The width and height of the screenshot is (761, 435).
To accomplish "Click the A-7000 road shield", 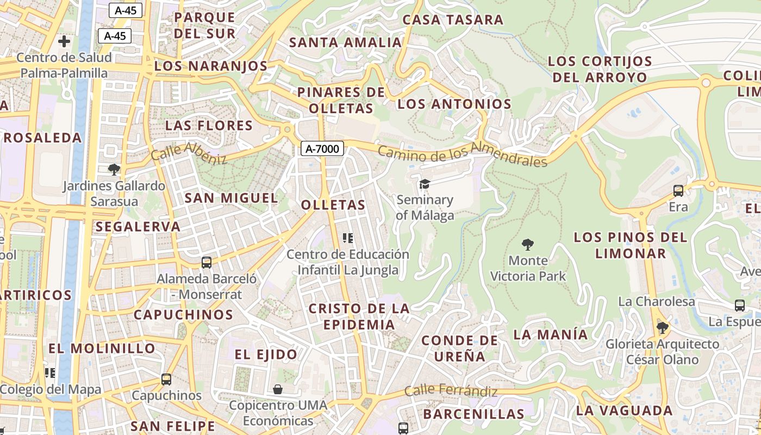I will (x=322, y=148).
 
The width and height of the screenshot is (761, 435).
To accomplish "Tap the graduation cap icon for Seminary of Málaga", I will (x=424, y=184).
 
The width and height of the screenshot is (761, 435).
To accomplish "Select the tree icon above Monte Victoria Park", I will (x=527, y=245).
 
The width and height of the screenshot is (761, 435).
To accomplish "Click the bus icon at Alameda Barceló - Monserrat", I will (x=207, y=263).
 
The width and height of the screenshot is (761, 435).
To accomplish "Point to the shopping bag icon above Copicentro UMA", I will (x=278, y=389).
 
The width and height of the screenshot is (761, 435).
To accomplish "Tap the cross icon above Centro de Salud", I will (x=64, y=41).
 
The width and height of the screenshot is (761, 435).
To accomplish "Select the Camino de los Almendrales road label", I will (x=462, y=154).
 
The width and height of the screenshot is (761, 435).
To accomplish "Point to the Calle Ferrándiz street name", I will (x=451, y=390).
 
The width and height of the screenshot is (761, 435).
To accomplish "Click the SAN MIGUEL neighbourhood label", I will (x=231, y=198).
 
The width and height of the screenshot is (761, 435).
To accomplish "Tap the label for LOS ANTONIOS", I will (x=454, y=104).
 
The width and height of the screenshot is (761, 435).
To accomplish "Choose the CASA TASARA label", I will (x=453, y=20).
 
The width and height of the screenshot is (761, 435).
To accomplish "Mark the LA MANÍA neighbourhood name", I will (x=551, y=334).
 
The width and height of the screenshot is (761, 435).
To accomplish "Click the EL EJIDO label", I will (x=266, y=355).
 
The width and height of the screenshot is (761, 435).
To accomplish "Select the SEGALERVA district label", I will (x=138, y=227).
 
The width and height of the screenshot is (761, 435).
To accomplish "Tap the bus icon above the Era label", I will (x=678, y=191).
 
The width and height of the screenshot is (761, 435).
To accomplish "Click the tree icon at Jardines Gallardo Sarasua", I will (x=114, y=170).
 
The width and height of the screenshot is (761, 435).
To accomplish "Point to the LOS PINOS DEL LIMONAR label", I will (x=631, y=245).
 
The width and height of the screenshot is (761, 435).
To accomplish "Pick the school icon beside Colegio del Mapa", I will (x=50, y=373).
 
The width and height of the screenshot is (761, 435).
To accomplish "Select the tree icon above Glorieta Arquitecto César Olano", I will (x=662, y=327).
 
